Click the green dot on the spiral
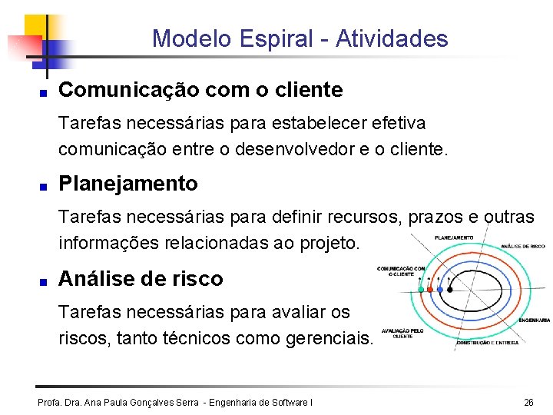tap(421, 290)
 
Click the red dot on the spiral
tap(430, 290)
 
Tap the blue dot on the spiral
tap(439, 290)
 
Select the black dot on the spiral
tap(450, 290)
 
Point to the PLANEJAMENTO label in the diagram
tap(455, 238)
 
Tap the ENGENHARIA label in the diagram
tap(534, 320)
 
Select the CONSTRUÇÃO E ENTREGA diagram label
tap(488, 343)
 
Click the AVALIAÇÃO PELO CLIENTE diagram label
tap(402, 333)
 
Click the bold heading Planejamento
tap(128, 184)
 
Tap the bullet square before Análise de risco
tap(45, 280)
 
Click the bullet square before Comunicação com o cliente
tap(45, 91)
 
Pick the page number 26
tap(528, 402)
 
